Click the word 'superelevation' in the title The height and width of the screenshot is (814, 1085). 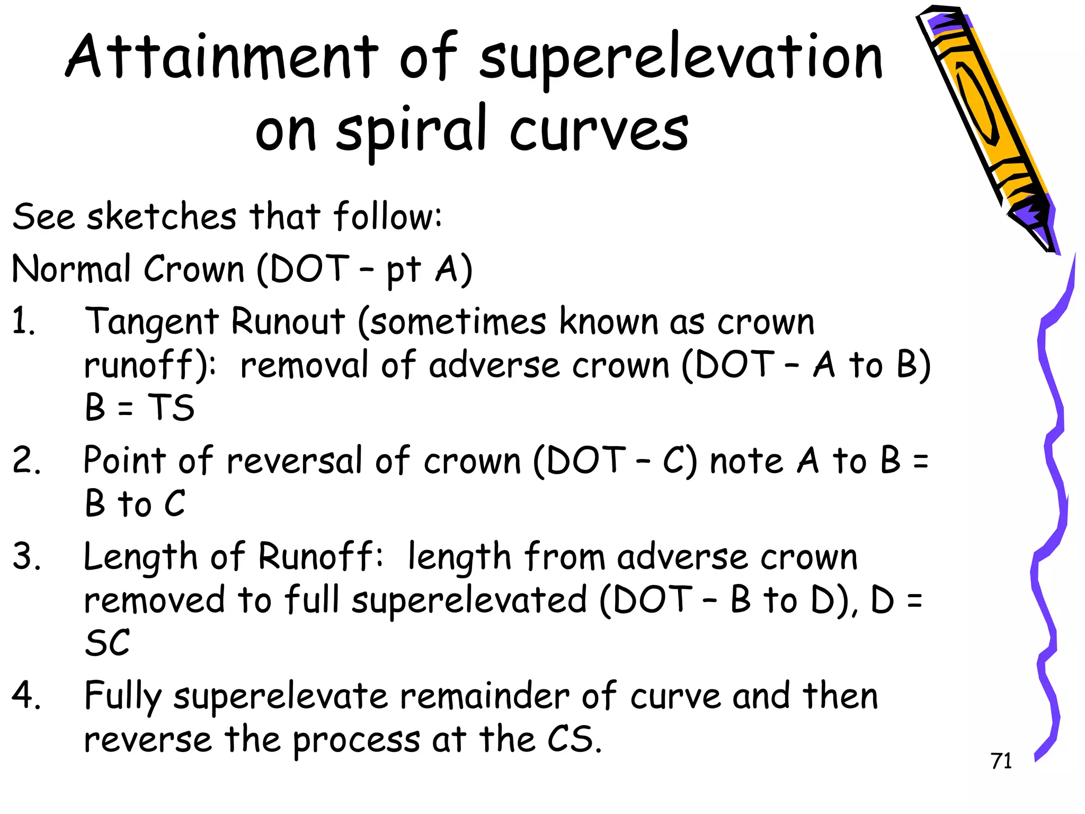[x=681, y=58]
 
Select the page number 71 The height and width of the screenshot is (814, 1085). [x=1001, y=761]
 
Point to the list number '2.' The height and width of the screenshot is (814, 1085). [x=26, y=460]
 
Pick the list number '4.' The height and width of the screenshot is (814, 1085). [x=26, y=695]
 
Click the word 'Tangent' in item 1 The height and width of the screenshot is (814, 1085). [x=152, y=322]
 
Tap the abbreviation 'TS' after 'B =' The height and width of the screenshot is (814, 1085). [x=171, y=408]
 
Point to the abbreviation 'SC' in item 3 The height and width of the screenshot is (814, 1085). [x=108, y=643]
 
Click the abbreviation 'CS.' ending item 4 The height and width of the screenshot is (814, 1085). [x=574, y=740]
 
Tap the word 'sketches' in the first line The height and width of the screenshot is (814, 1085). [x=162, y=217]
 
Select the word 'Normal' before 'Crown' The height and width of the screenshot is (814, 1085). [x=71, y=269]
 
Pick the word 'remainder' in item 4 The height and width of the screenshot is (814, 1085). [x=485, y=696]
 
